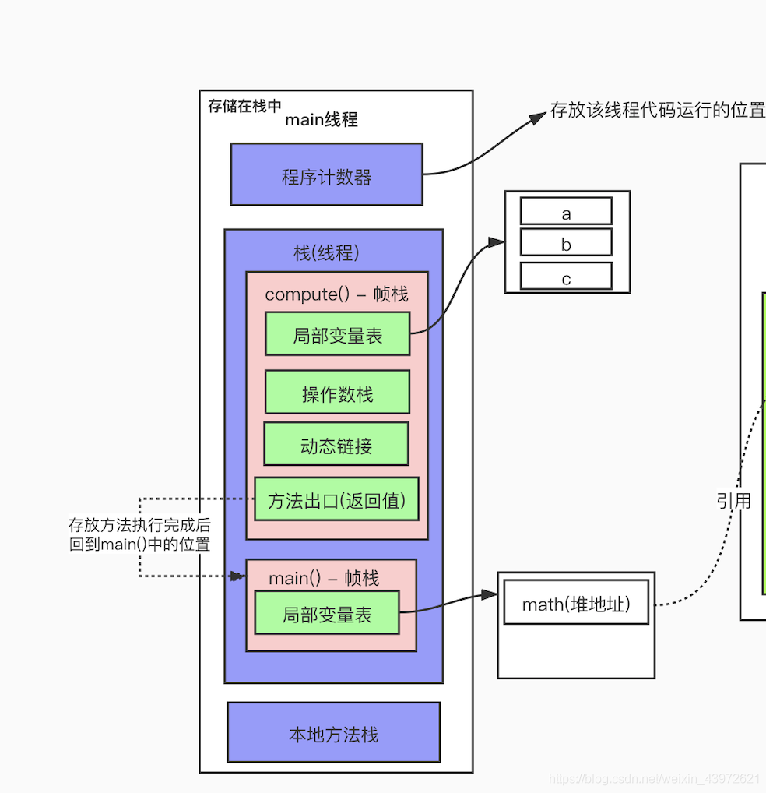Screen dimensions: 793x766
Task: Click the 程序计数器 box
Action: point(326,174)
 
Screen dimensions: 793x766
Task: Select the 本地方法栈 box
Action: point(333,732)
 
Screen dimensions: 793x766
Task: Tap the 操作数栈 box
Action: point(337,392)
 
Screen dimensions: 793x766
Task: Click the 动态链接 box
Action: point(336,444)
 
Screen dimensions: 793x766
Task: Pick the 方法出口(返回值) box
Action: point(336,499)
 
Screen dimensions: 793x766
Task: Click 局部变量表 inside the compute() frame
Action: point(337,334)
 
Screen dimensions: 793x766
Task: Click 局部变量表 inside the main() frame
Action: point(327,612)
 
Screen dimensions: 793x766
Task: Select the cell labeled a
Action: point(566,211)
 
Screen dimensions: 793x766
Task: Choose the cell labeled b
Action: point(566,243)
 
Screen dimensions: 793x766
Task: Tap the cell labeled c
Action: point(566,277)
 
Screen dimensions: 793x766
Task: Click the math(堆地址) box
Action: point(576,602)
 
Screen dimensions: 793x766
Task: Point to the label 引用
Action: point(733,500)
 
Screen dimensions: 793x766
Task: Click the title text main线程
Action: point(321,120)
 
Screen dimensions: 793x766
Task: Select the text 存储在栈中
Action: point(244,106)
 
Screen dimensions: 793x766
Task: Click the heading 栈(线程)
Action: point(326,253)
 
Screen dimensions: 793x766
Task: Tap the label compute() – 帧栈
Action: point(336,294)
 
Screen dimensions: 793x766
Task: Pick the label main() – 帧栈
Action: point(324,578)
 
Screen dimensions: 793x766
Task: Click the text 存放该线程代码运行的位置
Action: point(657,111)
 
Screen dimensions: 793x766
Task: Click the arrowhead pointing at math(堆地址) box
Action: point(489,594)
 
